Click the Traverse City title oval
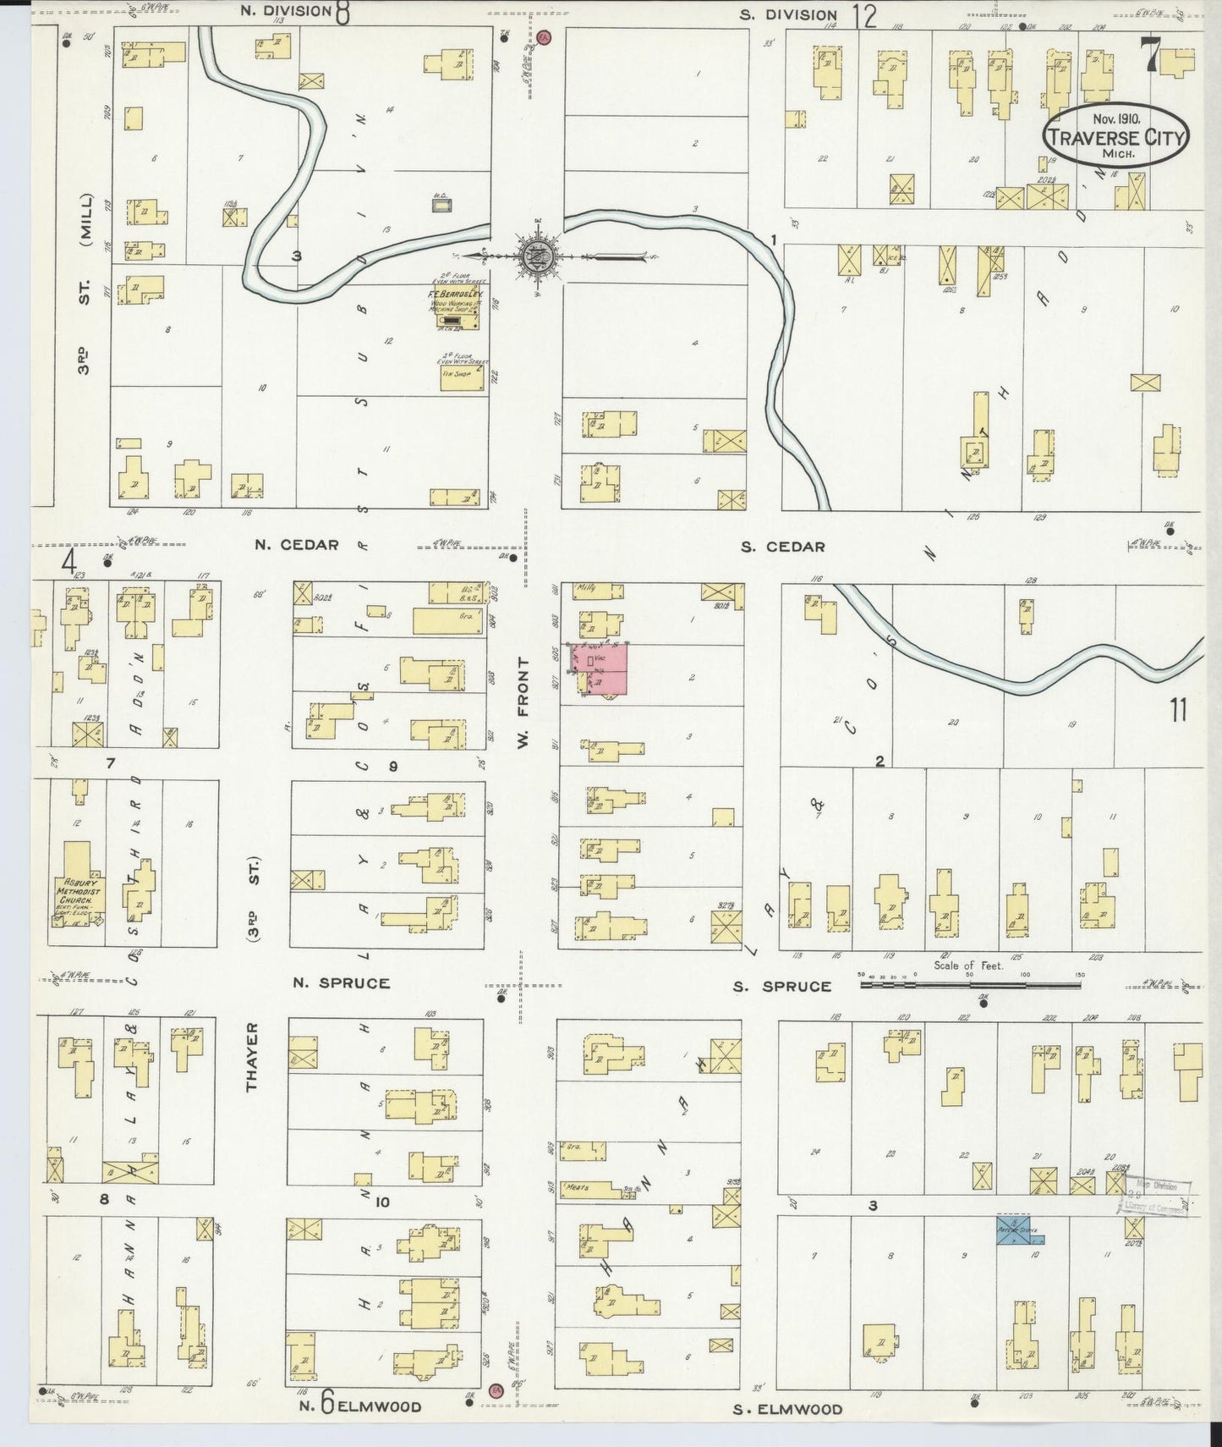coord(1115,137)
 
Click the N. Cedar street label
coord(297,545)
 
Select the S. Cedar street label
coord(782,547)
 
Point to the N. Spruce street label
coord(342,983)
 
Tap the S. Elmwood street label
coord(787,1409)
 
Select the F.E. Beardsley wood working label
coord(455,298)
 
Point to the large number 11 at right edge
coord(1179,711)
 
